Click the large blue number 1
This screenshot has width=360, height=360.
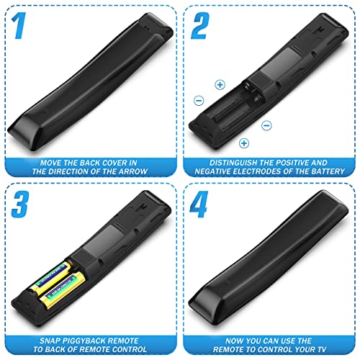(19, 26)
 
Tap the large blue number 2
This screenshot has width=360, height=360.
(200, 26)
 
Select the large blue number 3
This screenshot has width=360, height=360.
(20, 204)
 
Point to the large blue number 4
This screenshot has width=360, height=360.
(199, 204)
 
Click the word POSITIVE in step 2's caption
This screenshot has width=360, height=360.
(291, 163)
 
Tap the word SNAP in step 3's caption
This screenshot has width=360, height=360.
(48, 341)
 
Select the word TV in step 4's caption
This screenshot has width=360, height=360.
(322, 349)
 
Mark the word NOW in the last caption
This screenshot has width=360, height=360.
(234, 341)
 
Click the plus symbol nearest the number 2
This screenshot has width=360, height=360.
(220, 85)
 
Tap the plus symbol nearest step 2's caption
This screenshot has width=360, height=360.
(244, 143)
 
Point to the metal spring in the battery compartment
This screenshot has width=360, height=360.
(258, 99)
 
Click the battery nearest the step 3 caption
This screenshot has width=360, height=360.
(63, 290)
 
